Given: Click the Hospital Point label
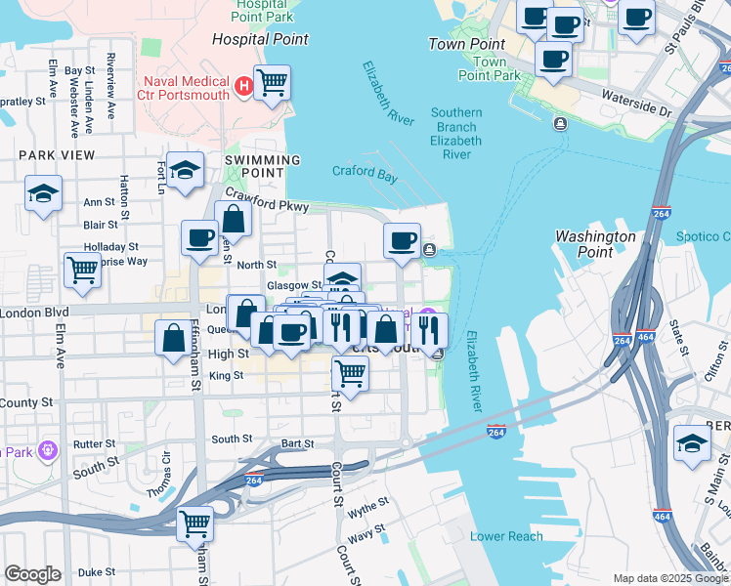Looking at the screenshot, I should point(261,40).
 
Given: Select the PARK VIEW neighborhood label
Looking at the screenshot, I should point(57,155).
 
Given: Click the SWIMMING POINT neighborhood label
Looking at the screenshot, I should point(262,160).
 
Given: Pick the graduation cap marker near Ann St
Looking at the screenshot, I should point(43,192).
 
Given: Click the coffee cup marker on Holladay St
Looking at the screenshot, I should point(199,237).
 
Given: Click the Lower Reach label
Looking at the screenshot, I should point(506,536).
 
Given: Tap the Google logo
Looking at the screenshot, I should point(32,574).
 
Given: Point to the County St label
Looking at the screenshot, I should point(26,402).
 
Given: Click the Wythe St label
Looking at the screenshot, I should point(368,507).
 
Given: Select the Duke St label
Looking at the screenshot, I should point(96,572).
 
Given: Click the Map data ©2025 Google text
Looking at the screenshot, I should point(669,578).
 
